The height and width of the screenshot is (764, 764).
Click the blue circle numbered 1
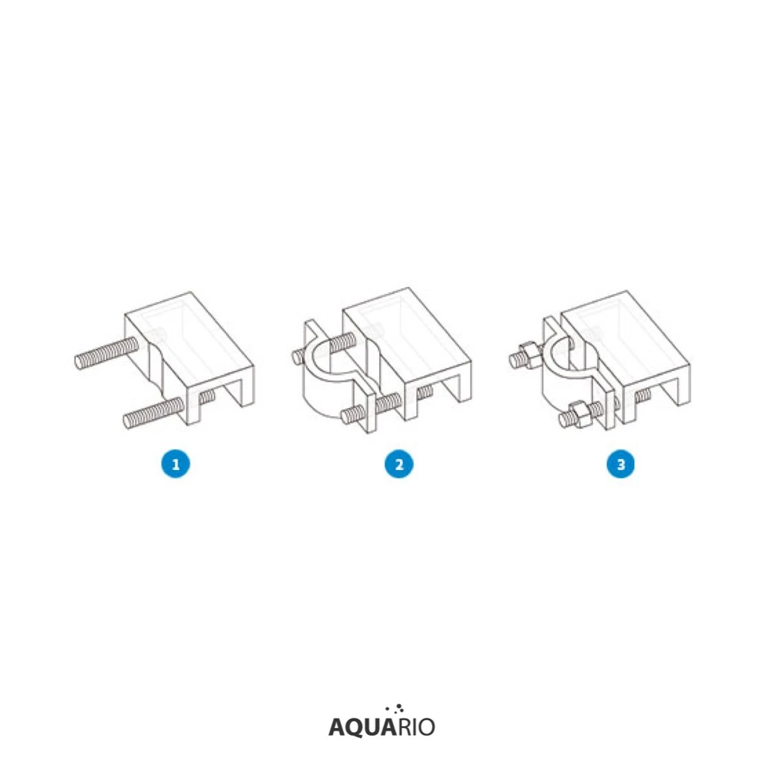tap(175, 464)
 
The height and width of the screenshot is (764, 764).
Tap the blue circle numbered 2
tap(398, 464)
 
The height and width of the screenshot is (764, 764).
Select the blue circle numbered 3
tap(620, 464)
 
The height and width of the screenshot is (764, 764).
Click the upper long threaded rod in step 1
tap(106, 353)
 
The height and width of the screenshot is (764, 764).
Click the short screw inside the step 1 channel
tap(207, 397)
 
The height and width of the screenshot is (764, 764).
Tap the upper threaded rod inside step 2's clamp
tap(342, 342)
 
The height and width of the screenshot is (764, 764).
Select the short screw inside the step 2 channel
tap(425, 392)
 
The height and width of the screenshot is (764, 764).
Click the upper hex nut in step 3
tap(530, 351)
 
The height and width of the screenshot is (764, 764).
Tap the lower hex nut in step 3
tap(579, 414)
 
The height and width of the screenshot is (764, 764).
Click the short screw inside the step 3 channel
tap(642, 395)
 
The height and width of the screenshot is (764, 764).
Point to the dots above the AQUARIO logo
tap(395, 709)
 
